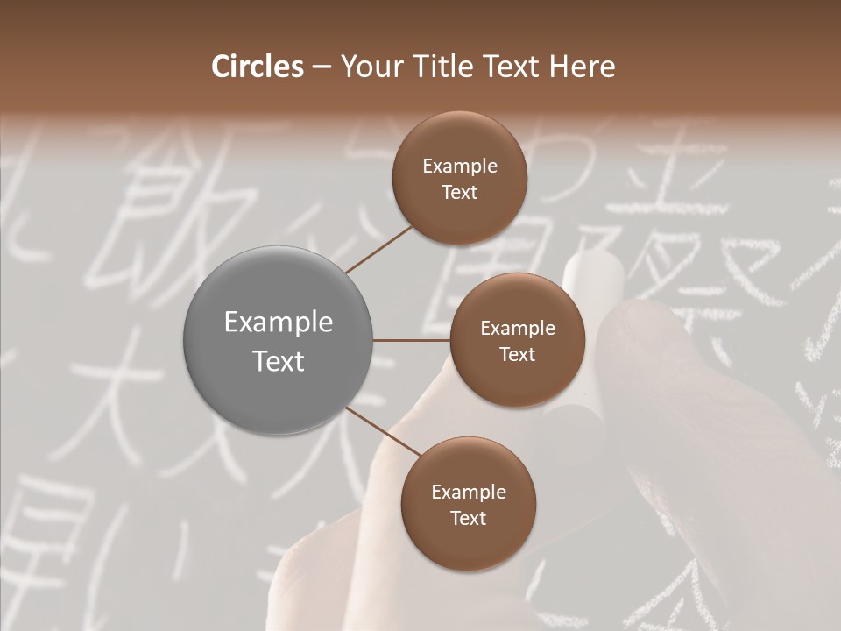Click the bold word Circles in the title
click(258, 67)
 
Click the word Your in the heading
click(370, 67)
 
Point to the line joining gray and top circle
click(378, 249)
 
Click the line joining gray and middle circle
click(412, 340)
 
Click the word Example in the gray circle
click(279, 323)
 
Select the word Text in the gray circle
click(279, 361)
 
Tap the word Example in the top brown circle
click(459, 167)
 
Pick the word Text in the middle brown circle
click(517, 354)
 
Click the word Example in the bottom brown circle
click(468, 493)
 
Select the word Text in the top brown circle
click(459, 193)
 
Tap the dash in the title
click(322, 67)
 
